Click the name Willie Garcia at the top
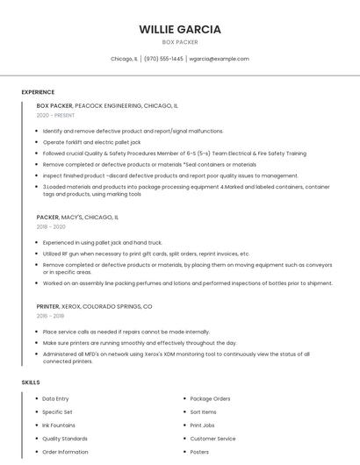pos(180,29)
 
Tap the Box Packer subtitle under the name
pos(180,42)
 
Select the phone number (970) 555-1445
pos(163,59)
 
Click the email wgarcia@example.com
pos(220,59)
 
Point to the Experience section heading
pos(38,92)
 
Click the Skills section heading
pos(31,383)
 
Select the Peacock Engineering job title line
pos(107,105)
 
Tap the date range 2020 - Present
pos(55,115)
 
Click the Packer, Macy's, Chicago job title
pos(77,217)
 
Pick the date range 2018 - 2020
pos(51,226)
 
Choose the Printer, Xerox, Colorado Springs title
pos(94,307)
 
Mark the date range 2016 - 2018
pos(50,317)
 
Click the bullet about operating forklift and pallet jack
pos(91,141)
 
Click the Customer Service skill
pos(212,439)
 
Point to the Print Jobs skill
pos(202,426)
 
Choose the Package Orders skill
pos(210,399)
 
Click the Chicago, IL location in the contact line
pos(124,59)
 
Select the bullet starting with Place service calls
pos(126,332)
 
